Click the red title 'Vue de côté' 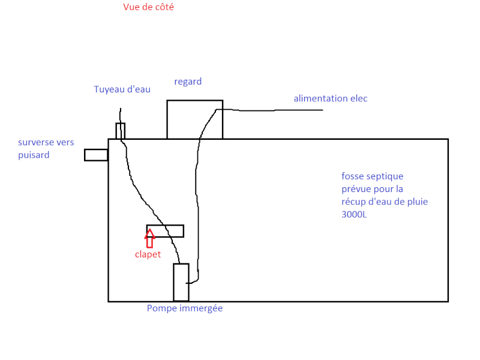point(149,7)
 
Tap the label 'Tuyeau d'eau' point(122,89)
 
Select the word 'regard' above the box point(188,82)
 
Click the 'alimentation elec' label point(330,98)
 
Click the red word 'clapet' point(148,254)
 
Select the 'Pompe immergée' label point(185,308)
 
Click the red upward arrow point(149,238)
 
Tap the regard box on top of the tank point(194,119)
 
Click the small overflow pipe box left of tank point(96,155)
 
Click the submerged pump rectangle point(181,282)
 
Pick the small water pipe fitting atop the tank point(120,131)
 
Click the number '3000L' point(354,214)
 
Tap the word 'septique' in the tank point(385,176)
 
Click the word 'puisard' point(34,155)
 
